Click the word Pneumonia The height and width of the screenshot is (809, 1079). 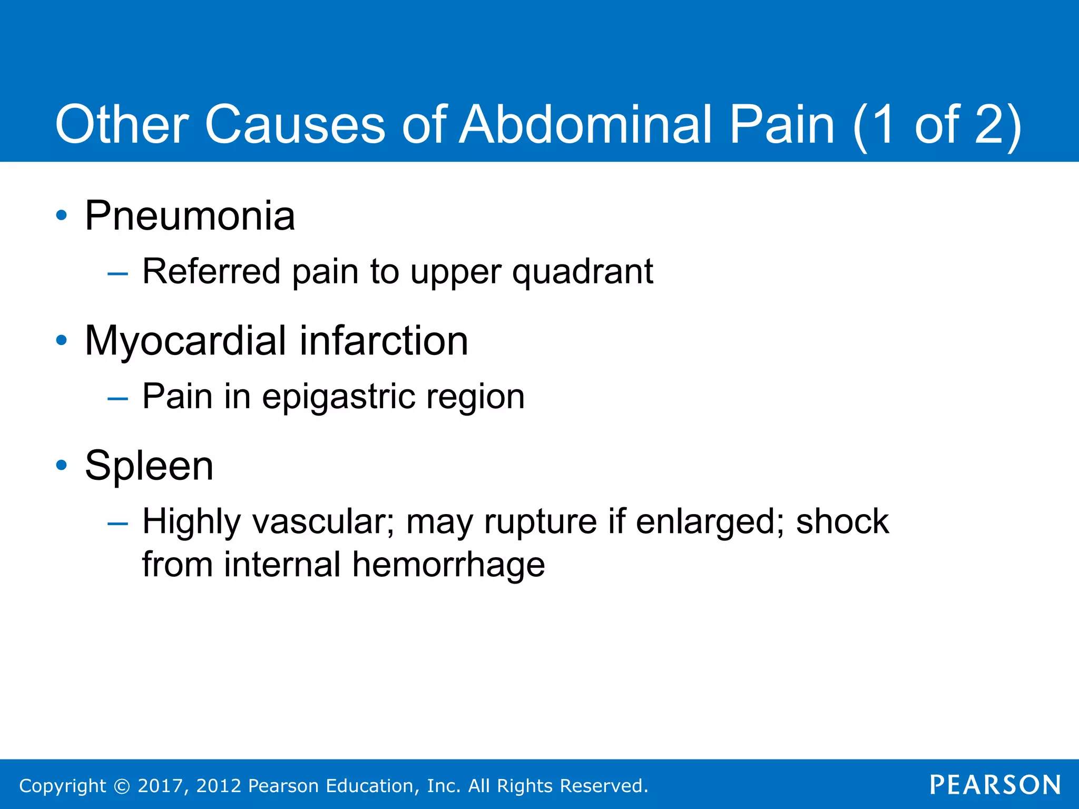click(x=190, y=216)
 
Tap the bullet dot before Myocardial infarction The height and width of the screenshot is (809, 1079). click(x=62, y=340)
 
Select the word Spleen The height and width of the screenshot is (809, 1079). click(x=149, y=466)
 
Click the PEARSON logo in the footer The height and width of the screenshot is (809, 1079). click(x=995, y=785)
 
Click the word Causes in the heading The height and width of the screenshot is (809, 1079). click(x=295, y=125)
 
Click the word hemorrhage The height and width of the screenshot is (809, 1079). click(x=448, y=565)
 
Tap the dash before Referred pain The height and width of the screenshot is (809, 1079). click(x=117, y=274)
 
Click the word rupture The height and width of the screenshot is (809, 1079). click(x=541, y=522)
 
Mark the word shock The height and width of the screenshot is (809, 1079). click(x=842, y=521)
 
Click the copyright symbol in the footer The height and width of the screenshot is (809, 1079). click(x=122, y=786)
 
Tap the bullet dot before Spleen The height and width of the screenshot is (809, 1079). click(x=62, y=465)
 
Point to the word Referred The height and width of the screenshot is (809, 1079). click(x=211, y=272)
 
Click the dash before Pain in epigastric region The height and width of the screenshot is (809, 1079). click(x=117, y=399)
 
